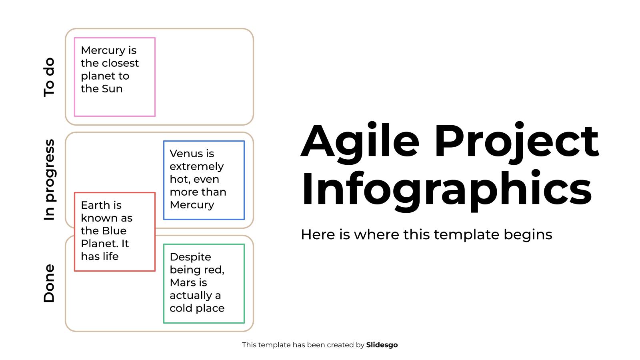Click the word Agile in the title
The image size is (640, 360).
[x=360, y=142]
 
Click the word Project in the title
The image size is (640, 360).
[x=516, y=142]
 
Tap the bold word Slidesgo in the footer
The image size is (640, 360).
[x=382, y=345]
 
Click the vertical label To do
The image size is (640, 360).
[x=49, y=77]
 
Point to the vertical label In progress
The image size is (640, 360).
[x=49, y=180]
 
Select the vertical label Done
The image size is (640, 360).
[x=49, y=283]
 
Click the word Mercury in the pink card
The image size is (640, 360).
[x=98, y=50]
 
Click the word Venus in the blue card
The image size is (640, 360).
[x=182, y=154]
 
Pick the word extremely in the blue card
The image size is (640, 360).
[x=196, y=166]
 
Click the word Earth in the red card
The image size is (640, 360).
[x=95, y=205]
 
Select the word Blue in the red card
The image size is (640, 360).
[x=114, y=231]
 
